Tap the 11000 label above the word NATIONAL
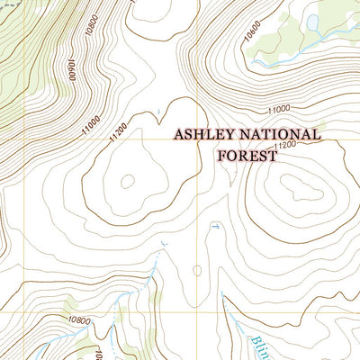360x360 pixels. tap(281, 110)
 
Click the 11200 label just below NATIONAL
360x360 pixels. tap(284, 145)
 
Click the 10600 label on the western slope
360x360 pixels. tap(69, 71)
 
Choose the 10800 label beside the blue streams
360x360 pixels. tap(78, 319)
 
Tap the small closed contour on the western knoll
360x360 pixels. tap(126, 181)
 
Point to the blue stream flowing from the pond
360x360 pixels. tap(279, 61)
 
